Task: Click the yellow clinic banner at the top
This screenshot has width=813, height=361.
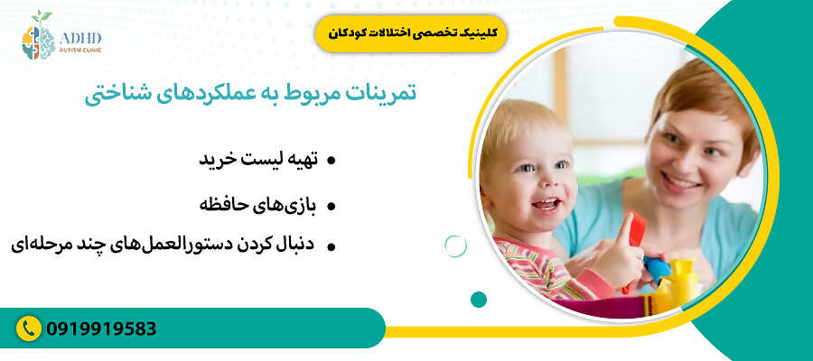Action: (x=412, y=32)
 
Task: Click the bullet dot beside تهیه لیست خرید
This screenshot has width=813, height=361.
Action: (x=332, y=161)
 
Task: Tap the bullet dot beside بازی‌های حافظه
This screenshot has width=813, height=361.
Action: (x=332, y=207)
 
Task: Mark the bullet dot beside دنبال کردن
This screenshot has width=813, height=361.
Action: (x=332, y=245)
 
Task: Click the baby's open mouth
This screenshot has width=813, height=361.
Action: (x=546, y=204)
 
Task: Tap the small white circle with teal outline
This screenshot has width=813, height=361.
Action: (x=456, y=245)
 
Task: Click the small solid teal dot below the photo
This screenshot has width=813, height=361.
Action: (x=479, y=299)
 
